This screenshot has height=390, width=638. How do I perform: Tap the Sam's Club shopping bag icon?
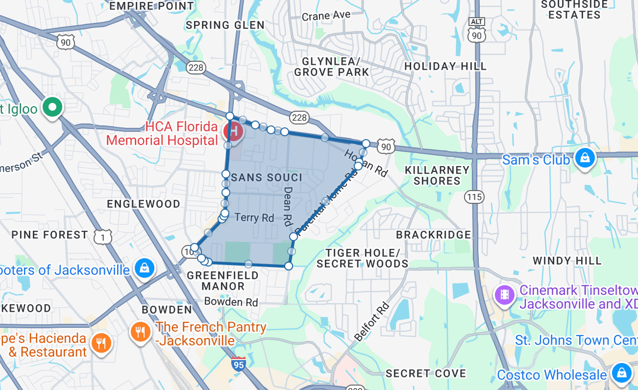coord(585,158)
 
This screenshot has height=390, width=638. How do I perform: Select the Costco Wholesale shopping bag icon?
coord(621,372)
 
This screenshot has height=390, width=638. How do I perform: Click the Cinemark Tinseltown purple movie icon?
coord(504,294)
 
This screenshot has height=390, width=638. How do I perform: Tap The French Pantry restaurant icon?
coord(141,332)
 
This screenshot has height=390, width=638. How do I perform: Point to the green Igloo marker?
coord(52,107)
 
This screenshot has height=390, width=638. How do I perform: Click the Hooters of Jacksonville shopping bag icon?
coord(145,268)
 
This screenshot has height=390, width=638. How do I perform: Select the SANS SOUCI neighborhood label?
coord(267,178)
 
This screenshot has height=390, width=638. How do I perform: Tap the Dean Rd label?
coord(288,204)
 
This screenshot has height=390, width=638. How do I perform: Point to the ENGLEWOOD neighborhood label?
coord(144,204)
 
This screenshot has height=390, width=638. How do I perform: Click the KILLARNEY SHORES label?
coord(437,175)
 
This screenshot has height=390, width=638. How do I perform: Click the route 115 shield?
coord(474,197)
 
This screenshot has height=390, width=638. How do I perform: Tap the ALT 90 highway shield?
coord(477,31)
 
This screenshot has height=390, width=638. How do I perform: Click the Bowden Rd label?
coord(231,302)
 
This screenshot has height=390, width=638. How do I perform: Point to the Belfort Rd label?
coord(371,321)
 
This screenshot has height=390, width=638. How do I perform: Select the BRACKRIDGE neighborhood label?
coord(433,234)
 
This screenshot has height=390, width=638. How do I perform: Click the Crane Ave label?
coord(326,16)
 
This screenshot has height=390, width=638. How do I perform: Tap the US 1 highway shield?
coord(103,237)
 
